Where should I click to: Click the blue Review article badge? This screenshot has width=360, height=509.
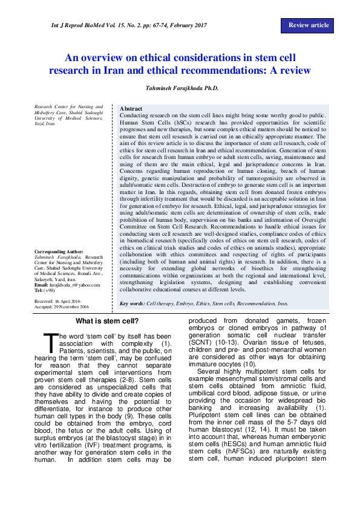point(309,25)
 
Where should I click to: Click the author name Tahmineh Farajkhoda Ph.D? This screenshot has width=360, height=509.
point(180,88)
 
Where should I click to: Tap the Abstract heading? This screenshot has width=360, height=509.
point(132,108)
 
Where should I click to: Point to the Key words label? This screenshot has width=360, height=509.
point(132,303)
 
